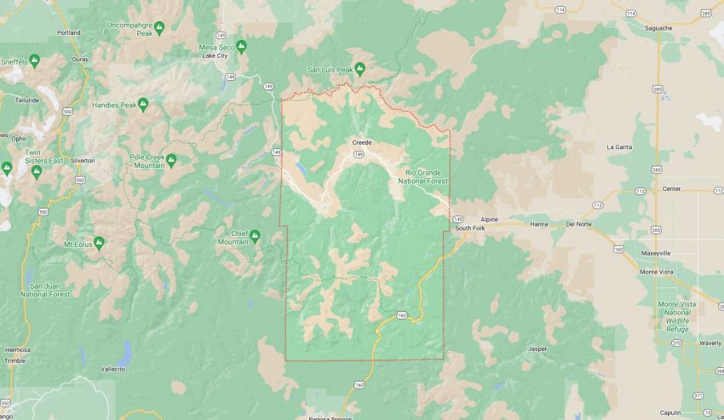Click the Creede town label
click(x=361, y=142)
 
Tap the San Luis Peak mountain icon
click(x=360, y=68)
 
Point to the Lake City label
click(x=215, y=56)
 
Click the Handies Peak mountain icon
click(x=143, y=105)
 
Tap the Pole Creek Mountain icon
click(x=171, y=159)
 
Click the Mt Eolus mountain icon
click(x=99, y=244)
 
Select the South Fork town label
click(x=469, y=228)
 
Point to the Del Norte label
click(x=577, y=225)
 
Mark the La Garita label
click(x=619, y=147)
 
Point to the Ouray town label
click(x=80, y=59)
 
